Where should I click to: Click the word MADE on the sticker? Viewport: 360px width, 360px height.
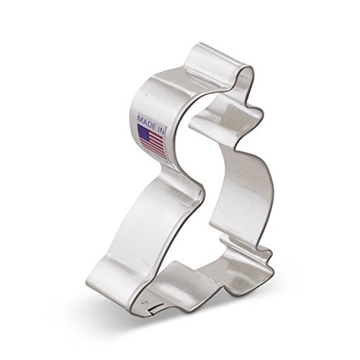pos(145,121)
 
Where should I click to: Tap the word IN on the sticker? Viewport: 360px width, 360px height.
pos(161,129)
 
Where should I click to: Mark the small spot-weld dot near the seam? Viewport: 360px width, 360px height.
pos(145,303)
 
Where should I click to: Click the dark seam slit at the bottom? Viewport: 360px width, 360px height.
pos(155,310)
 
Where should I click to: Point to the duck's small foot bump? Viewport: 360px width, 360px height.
pos(269,254)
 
